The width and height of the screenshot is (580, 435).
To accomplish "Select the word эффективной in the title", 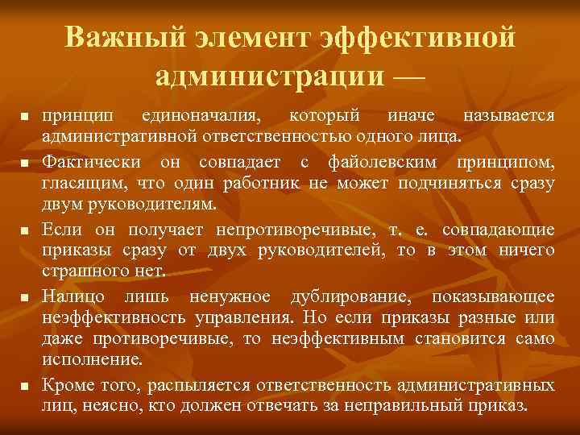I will [416, 37].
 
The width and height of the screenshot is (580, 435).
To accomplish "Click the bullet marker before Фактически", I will [26, 164].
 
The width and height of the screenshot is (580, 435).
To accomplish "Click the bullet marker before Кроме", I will [26, 387].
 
